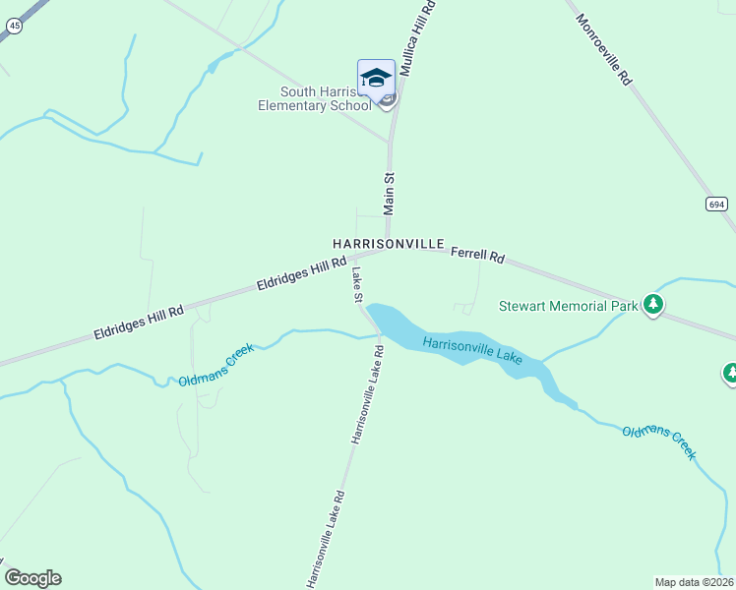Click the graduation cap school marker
(x=376, y=78)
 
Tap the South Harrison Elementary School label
(x=313, y=99)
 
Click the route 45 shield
(x=14, y=28)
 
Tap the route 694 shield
(x=716, y=204)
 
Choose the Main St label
(x=389, y=194)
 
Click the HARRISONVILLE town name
(x=389, y=243)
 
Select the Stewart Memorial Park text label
(x=568, y=306)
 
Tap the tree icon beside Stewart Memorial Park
(x=652, y=305)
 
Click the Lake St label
(x=357, y=285)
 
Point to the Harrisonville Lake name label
(x=472, y=350)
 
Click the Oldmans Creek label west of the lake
(x=216, y=365)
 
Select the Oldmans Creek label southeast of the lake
(x=658, y=443)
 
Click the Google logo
(x=32, y=578)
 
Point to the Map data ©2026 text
(x=694, y=582)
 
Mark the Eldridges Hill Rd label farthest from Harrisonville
(x=139, y=323)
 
